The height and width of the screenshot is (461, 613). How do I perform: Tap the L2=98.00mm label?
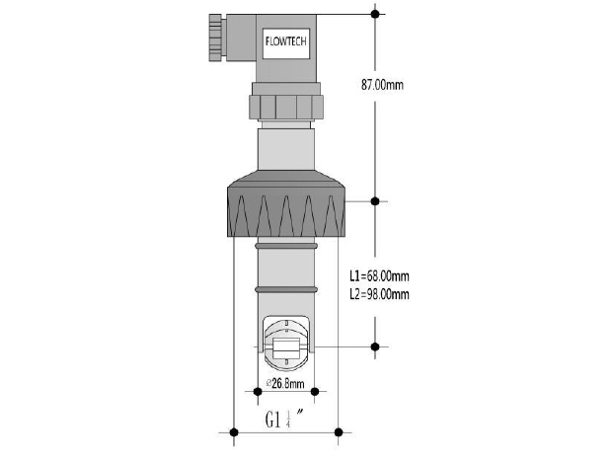pos(379,294)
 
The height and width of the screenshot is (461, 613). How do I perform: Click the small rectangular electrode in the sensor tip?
pos(285,346)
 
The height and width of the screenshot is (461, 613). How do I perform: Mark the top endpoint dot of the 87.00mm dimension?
pos(374,14)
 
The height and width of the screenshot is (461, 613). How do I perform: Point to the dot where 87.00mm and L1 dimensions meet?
pos(374,201)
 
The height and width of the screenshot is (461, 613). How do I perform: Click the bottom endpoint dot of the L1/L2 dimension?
pos(374,346)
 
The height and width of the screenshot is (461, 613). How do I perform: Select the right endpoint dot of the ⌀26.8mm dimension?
pos(315,392)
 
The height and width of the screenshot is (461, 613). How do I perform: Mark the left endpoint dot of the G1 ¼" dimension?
pos(233,431)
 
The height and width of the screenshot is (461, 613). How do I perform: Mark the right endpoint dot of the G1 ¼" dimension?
pos(339,431)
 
